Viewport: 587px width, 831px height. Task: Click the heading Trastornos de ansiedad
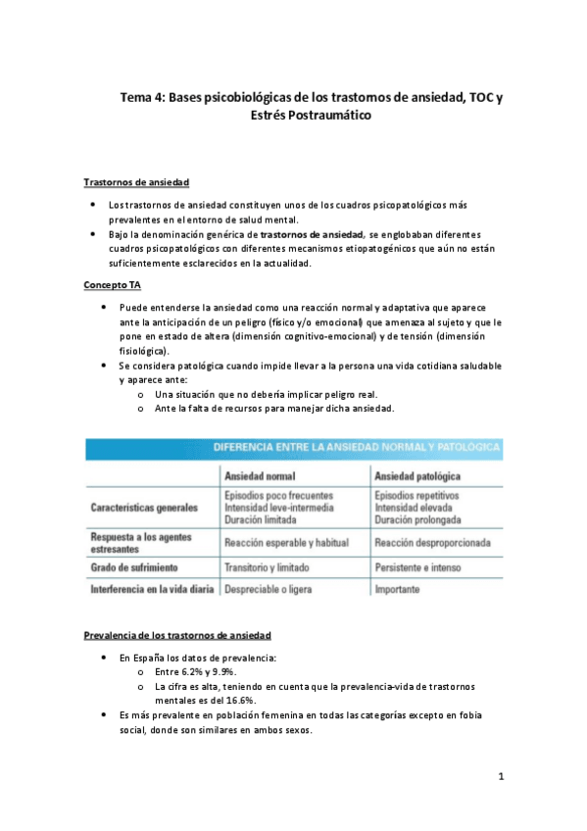pyautogui.click(x=136, y=182)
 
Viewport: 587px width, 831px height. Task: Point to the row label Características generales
pyautogui.click(x=144, y=509)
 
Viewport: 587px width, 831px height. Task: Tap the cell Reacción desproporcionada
pyautogui.click(x=432, y=543)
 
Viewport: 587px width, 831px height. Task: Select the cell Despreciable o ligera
pyautogui.click(x=271, y=590)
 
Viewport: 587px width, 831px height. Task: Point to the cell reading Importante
pyautogui.click(x=397, y=590)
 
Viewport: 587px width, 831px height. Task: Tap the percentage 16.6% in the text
pyautogui.click(x=238, y=701)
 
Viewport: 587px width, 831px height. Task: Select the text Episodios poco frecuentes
pyautogui.click(x=278, y=496)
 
